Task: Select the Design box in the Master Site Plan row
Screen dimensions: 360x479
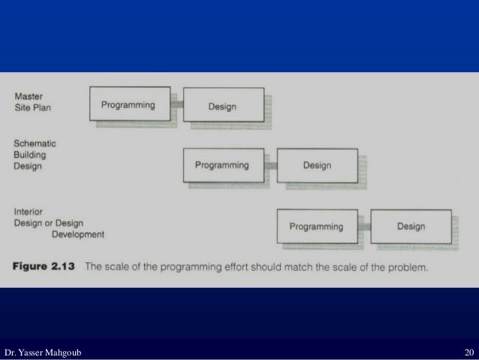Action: point(222,106)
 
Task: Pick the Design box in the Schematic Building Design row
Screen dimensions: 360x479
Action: point(317,165)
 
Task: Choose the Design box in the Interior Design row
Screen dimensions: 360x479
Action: point(411,226)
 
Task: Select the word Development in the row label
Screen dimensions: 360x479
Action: point(77,234)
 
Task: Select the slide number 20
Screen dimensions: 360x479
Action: point(468,352)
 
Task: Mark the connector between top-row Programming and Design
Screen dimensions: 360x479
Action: point(179,105)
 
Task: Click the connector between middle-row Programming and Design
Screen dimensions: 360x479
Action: point(272,165)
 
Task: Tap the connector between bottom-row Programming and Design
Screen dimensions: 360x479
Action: point(366,226)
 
